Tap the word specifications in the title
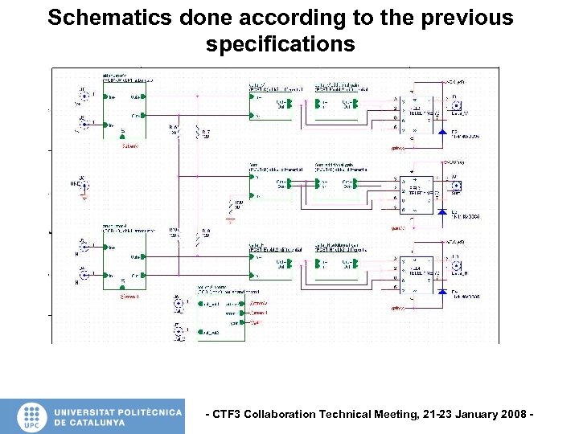click(280, 44)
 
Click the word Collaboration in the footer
click(285, 415)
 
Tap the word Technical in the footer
click(347, 415)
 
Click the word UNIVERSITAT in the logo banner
click(84, 411)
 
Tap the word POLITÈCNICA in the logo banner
click(150, 411)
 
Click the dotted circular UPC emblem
click(31, 412)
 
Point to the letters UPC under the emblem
click(31, 426)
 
